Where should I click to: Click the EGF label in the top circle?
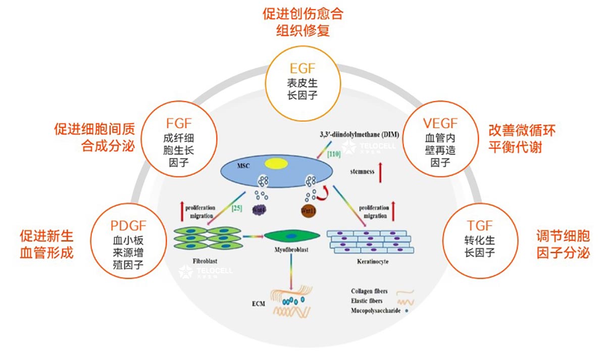[302, 68]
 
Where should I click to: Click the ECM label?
[258, 304]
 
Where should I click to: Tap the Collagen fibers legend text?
[371, 291]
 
